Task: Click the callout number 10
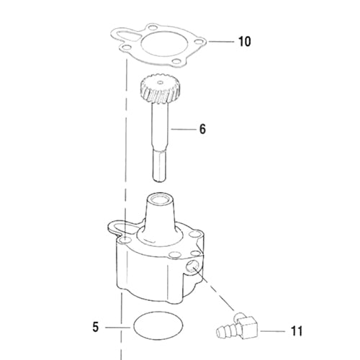(245, 42)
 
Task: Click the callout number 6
(202, 129)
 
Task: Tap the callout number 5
(96, 327)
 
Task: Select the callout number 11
(297, 331)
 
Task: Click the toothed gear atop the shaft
(160, 89)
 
